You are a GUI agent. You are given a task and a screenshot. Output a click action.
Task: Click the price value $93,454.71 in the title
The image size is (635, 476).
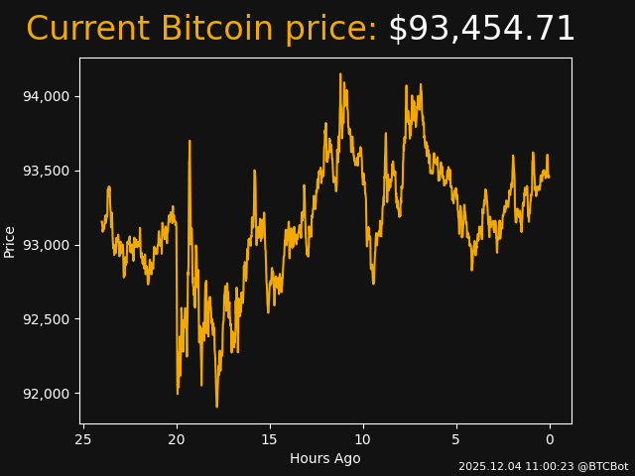481,30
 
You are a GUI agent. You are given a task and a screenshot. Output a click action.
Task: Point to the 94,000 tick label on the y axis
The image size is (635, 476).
48,96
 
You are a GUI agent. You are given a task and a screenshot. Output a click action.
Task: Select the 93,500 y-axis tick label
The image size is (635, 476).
48,171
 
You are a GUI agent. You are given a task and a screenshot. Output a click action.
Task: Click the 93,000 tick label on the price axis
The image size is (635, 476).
48,245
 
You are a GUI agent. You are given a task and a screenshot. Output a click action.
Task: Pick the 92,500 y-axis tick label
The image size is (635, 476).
48,319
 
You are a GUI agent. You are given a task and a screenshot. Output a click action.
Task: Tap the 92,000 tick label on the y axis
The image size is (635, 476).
48,394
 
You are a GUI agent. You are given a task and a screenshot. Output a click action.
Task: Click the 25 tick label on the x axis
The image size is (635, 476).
83,439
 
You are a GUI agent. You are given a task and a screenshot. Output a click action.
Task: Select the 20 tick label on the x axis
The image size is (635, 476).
177,439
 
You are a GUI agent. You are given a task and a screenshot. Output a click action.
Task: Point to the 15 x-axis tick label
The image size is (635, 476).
270,439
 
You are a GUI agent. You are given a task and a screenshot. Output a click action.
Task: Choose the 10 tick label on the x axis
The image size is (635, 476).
363,439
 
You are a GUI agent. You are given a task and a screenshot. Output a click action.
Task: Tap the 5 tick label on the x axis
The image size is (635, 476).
456,439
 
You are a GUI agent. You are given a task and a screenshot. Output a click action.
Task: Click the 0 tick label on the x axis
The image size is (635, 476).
550,439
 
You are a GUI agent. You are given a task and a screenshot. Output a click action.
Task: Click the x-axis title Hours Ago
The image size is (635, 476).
325,458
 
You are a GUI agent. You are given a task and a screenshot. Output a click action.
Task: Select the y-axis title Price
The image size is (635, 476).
10,241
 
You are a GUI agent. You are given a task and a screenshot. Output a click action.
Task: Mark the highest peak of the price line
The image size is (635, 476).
340,73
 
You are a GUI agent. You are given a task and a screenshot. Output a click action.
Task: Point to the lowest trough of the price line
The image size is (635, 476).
216,407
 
